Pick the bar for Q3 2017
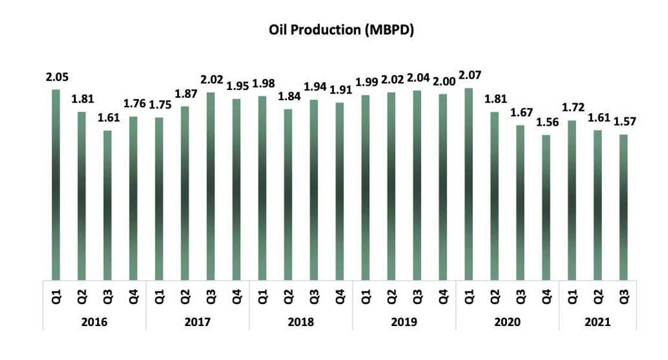(211, 185)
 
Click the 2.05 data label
(57, 77)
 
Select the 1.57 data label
(624, 122)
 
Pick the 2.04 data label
(418, 79)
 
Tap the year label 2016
(95, 322)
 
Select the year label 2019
(404, 322)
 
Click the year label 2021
(598, 322)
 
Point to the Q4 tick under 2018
(340, 294)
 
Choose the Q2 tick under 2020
(494, 294)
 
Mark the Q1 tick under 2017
(159, 294)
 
